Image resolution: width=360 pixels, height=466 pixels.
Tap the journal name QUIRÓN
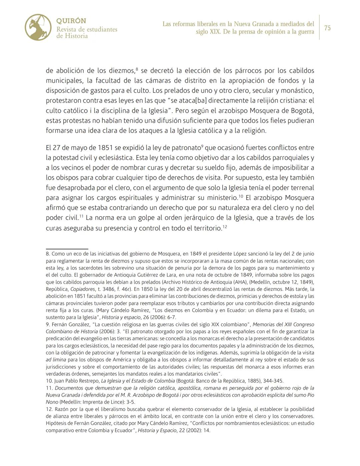[x=71, y=21]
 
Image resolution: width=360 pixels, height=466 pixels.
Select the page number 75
[x=327, y=28]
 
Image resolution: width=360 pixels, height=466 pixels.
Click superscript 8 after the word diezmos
[x=137, y=69]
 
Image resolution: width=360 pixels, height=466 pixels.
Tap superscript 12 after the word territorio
[x=225, y=226]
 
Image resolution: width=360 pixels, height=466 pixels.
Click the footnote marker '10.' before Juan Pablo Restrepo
[x=49, y=381]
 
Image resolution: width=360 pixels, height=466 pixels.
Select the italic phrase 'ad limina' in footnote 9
[x=56, y=360]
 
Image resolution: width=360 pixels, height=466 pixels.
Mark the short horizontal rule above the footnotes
[x=67, y=249]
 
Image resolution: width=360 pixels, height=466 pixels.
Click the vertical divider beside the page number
[x=319, y=27]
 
